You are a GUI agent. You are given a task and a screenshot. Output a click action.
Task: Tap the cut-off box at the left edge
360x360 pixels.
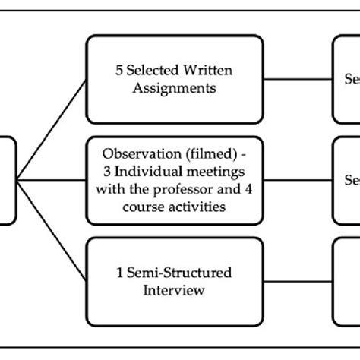click(x=7, y=181)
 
